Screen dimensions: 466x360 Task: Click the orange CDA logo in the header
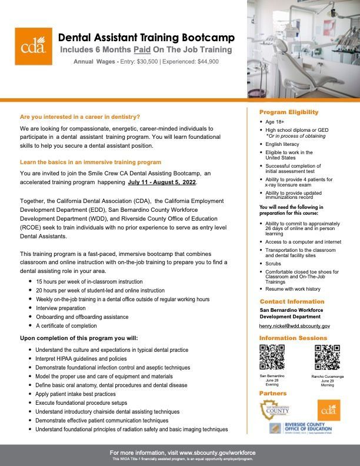click(x=34, y=46)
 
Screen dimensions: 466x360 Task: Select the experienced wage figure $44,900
click(x=205, y=62)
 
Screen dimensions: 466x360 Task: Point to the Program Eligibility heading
click(x=289, y=112)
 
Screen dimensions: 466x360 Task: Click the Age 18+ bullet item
click(x=276, y=122)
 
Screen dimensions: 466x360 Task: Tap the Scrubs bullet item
click(x=274, y=264)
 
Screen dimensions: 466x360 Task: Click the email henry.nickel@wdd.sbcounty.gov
click(x=295, y=325)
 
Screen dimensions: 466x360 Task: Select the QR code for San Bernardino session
click(x=272, y=357)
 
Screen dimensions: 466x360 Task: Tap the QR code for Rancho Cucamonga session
click(x=327, y=357)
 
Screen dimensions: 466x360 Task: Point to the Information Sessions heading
click(x=293, y=338)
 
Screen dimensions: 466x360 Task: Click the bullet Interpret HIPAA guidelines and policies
click(x=81, y=358)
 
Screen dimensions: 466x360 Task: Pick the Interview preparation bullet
click(x=61, y=308)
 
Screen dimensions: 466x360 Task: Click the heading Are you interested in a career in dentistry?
click(x=80, y=116)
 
